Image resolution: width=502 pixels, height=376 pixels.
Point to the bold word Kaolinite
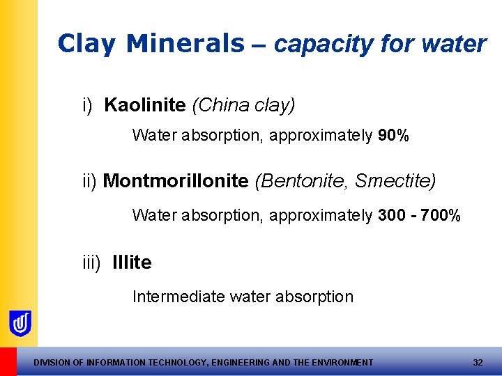[145, 105]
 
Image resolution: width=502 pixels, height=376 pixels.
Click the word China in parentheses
[214, 105]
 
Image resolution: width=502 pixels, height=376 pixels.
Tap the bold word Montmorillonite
[176, 182]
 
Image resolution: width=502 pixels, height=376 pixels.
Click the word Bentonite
[302, 182]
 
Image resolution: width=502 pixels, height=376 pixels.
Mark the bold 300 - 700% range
[419, 216]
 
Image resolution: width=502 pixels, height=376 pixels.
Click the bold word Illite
[132, 263]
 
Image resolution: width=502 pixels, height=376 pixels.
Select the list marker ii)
[89, 182]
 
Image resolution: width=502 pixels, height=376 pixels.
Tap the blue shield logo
[20, 323]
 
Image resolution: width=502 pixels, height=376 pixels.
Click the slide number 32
[478, 363]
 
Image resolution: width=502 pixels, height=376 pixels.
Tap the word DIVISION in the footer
[52, 363]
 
